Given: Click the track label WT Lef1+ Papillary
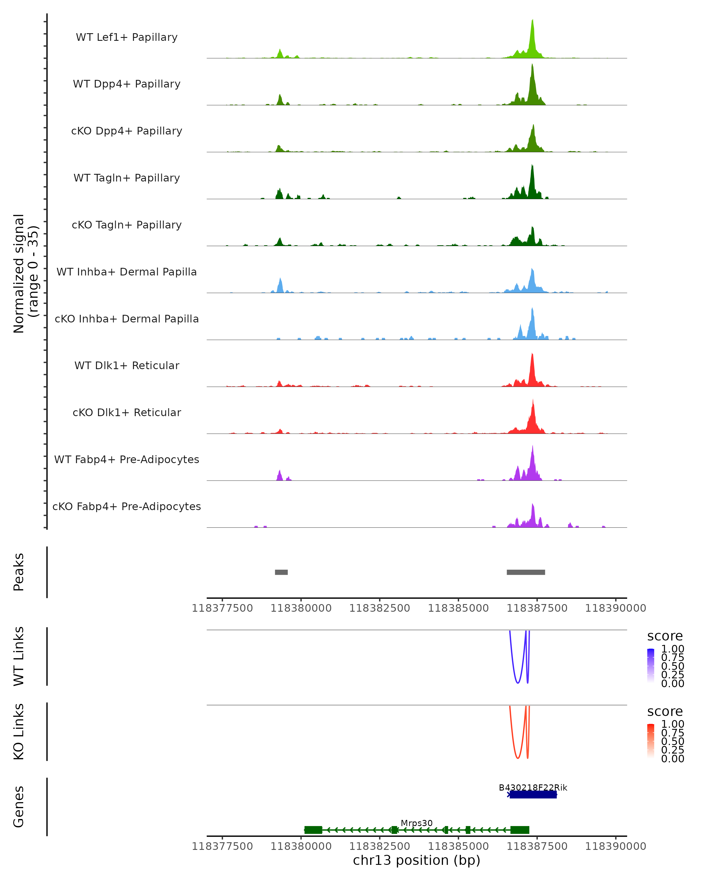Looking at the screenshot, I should pyautogui.click(x=127, y=37).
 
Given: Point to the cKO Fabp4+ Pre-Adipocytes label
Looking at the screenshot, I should pyautogui.click(x=127, y=506).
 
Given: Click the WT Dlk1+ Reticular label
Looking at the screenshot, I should pyautogui.click(x=127, y=366).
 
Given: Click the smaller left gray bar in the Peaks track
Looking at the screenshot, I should pyautogui.click(x=281, y=572).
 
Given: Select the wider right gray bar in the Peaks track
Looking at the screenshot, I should pyautogui.click(x=526, y=572).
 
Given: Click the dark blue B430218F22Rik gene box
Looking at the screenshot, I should pyautogui.click(x=533, y=794).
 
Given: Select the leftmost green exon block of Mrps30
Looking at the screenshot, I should pyautogui.click(x=313, y=830).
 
